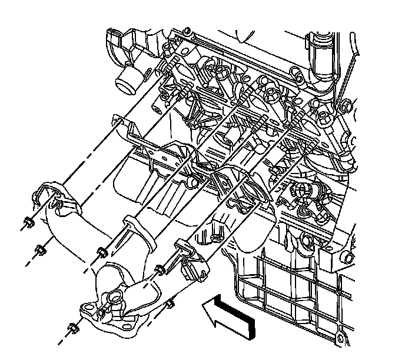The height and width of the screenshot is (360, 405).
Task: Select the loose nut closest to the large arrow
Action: pos(170,304)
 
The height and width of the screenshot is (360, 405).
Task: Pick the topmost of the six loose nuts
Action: pos(26,223)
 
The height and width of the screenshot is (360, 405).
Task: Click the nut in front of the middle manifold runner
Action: pos(101,252)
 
